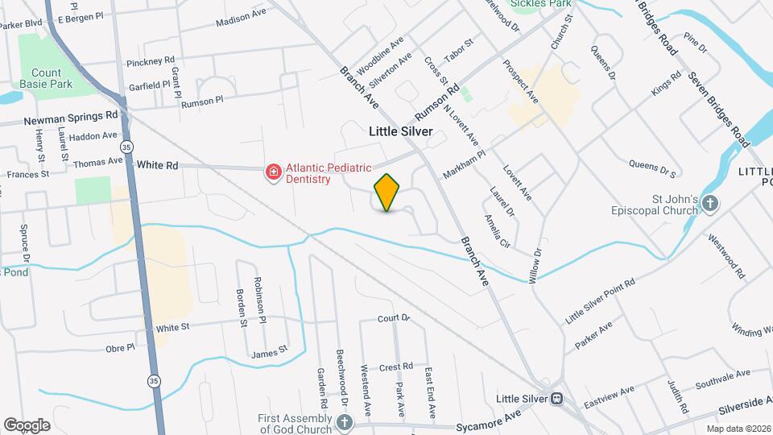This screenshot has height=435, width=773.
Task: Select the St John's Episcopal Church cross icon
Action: (709, 203)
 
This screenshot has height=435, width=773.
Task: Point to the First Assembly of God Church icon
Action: (345, 422)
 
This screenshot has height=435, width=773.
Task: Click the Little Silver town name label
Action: (401, 130)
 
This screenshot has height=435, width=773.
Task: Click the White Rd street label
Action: (157, 165)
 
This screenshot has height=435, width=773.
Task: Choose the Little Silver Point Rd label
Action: (601, 300)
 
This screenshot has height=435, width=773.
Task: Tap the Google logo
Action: (27, 425)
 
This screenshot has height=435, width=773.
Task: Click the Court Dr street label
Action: (394, 318)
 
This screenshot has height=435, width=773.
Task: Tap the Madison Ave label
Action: (241, 18)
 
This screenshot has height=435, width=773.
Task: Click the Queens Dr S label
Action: (651, 168)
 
